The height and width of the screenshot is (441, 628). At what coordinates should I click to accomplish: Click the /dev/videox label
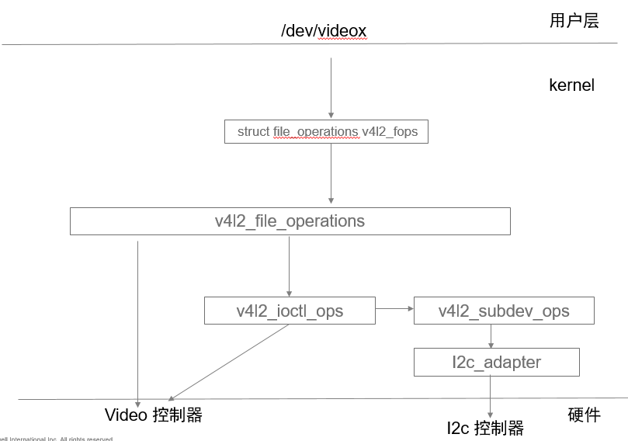(x=324, y=31)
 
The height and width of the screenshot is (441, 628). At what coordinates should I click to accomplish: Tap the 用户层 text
(x=574, y=21)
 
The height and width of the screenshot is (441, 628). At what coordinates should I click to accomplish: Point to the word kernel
(x=571, y=85)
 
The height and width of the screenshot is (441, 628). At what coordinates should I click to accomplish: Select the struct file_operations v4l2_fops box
(x=327, y=131)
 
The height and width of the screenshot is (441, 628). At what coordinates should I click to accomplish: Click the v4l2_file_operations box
(x=290, y=221)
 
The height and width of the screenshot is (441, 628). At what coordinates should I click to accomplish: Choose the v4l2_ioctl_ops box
(x=290, y=311)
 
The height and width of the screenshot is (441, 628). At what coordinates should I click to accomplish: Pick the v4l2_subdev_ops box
(x=504, y=311)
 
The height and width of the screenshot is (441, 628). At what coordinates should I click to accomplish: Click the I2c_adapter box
(x=497, y=362)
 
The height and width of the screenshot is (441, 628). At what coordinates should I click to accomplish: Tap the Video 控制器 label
(x=154, y=415)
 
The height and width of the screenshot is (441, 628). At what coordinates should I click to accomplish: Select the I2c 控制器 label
(x=485, y=428)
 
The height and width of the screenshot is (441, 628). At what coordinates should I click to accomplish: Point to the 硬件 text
(x=584, y=415)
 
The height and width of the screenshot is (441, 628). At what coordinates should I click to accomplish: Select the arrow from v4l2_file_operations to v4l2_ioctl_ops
(x=290, y=266)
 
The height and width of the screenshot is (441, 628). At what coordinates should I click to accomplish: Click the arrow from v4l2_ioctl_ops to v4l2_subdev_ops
(x=394, y=309)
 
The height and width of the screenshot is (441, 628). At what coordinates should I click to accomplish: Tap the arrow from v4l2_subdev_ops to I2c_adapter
(x=491, y=335)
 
